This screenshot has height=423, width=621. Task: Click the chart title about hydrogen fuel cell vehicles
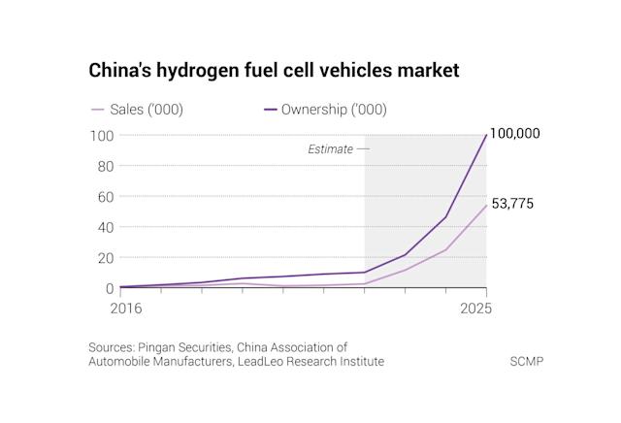tap(274, 71)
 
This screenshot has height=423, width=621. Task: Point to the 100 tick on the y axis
tap(102, 135)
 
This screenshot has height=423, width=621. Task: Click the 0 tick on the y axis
tap(110, 288)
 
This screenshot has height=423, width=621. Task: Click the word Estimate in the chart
tap(330, 149)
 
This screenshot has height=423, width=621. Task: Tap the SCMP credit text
tap(527, 362)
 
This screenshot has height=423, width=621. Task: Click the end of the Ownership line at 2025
tap(486, 135)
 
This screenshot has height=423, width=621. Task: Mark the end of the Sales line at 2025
tap(486, 206)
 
